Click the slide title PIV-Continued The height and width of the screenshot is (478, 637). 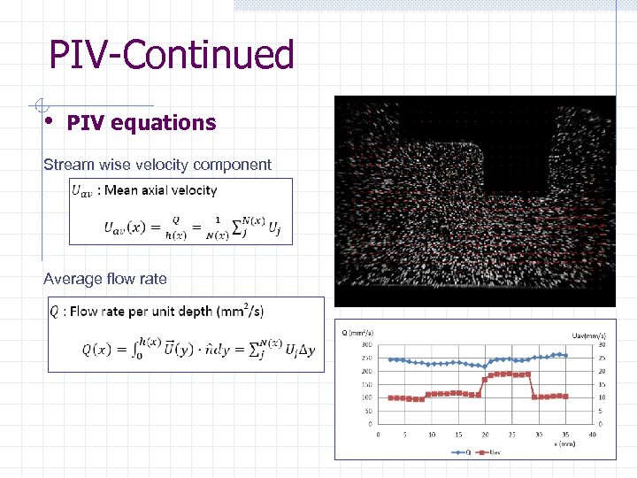tap(172, 55)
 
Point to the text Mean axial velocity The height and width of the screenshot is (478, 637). tap(160, 190)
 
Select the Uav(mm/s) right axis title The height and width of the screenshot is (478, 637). tap(587, 335)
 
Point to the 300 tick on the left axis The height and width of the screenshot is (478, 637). tap(366, 344)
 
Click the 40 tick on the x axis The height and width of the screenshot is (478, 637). tap(593, 434)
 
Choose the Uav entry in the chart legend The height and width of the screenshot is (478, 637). tap(493, 452)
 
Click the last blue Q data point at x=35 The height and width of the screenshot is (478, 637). tap(565, 355)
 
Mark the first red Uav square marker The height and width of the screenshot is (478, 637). tap(391, 397)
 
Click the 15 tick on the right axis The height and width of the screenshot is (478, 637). tap(602, 384)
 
